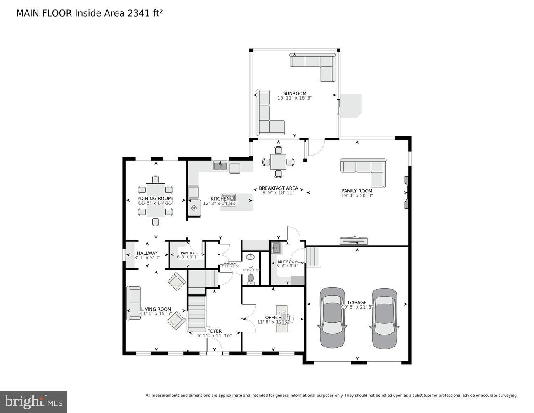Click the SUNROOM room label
pyautogui.click(x=294, y=93)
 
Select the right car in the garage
pyautogui.click(x=384, y=318)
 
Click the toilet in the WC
pyautogui.click(x=250, y=280)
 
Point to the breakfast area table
pyautogui.click(x=279, y=161)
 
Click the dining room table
pyautogui.click(x=155, y=201)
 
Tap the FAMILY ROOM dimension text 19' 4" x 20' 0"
pyautogui.click(x=357, y=196)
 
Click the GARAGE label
pyautogui.click(x=357, y=302)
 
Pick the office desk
pyautogui.click(x=282, y=319)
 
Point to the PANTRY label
pyautogui.click(x=187, y=253)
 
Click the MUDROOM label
pyautogui.click(x=287, y=262)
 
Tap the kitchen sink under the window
pyautogui.click(x=220, y=166)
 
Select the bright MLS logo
pyautogui.click(x=33, y=401)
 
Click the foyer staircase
pyautogui.click(x=196, y=314)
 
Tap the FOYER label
pyautogui.click(x=214, y=331)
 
